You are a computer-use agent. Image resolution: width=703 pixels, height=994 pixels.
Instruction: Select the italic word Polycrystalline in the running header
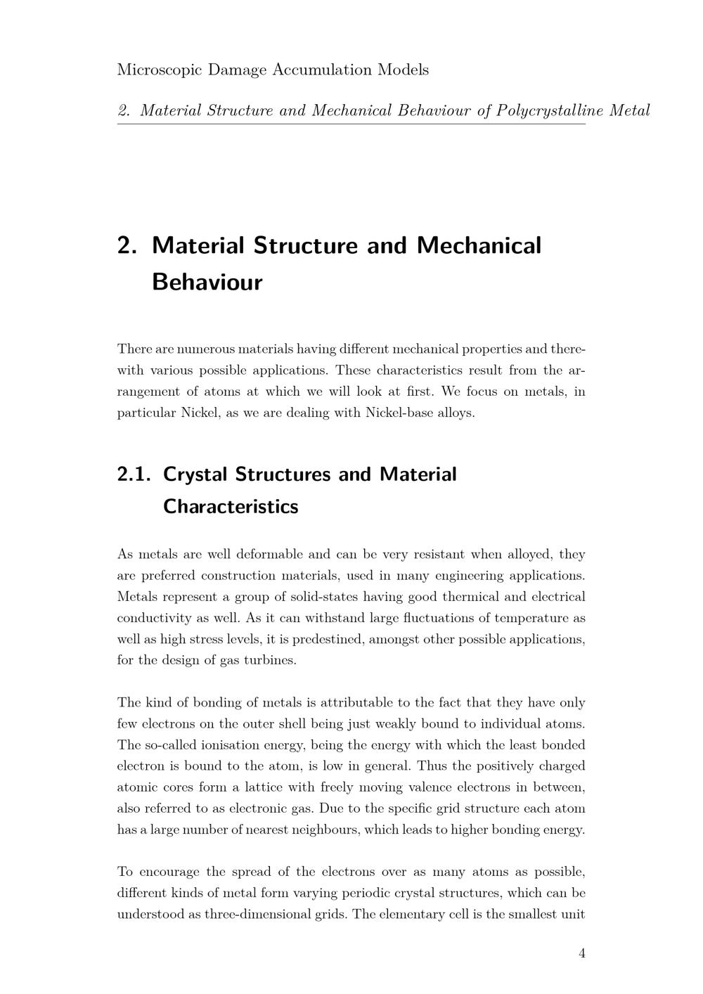click(550, 110)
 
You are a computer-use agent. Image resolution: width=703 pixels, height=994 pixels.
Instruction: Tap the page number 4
click(581, 953)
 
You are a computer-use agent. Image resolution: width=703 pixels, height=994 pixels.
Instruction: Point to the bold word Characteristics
click(231, 506)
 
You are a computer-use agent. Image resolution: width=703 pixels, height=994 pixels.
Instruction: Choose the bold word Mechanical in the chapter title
click(479, 245)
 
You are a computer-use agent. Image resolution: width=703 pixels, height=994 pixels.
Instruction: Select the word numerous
click(206, 349)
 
